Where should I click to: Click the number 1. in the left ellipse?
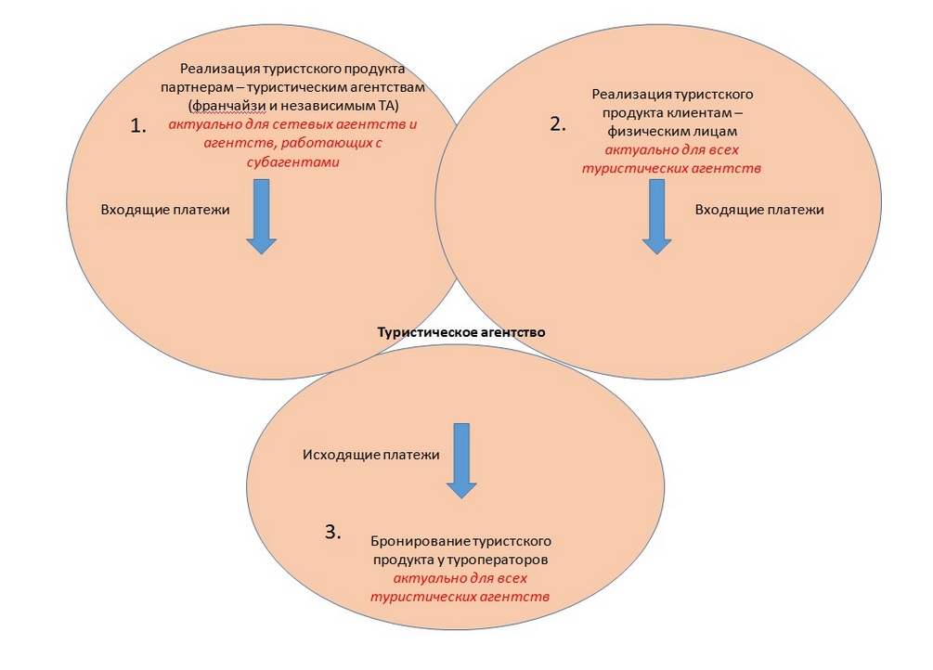[138, 128]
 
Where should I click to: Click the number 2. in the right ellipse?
[557, 124]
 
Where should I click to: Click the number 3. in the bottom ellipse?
[332, 532]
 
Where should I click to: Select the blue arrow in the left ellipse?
[261, 216]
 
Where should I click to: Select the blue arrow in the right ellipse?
[656, 216]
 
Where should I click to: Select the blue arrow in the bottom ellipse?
[461, 460]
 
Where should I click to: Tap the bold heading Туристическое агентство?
[460, 331]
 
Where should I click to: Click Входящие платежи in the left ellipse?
[165, 210]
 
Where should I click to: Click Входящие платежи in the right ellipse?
[759, 210]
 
